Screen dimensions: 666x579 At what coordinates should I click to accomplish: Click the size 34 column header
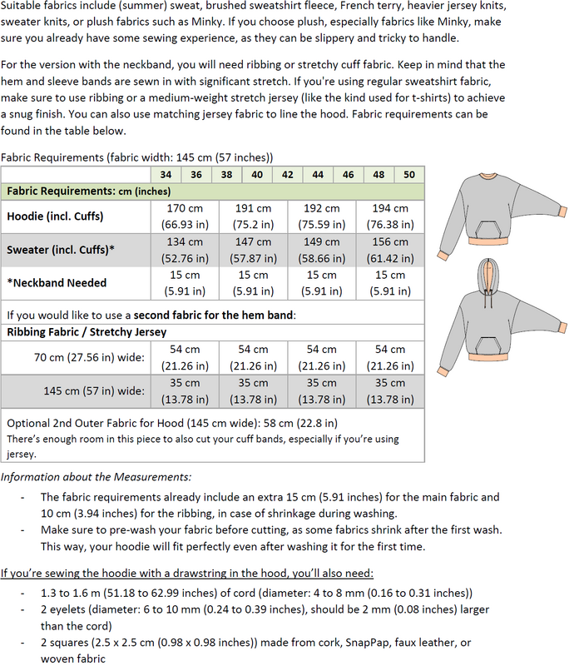coord(166,175)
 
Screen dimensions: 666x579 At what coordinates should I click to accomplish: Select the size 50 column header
coord(408,175)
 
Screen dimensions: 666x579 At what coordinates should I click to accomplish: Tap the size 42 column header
coord(287,175)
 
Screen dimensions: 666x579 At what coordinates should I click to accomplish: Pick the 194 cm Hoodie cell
coord(390,216)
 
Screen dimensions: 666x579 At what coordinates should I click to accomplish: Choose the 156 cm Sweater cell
coord(390,249)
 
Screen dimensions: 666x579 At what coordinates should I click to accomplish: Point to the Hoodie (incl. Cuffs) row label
coord(55,216)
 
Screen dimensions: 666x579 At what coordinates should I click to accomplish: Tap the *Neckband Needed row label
coord(57,283)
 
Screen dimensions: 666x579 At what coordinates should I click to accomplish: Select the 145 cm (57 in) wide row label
coord(94,391)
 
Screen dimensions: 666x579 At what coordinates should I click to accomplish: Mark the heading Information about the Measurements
coord(96,477)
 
